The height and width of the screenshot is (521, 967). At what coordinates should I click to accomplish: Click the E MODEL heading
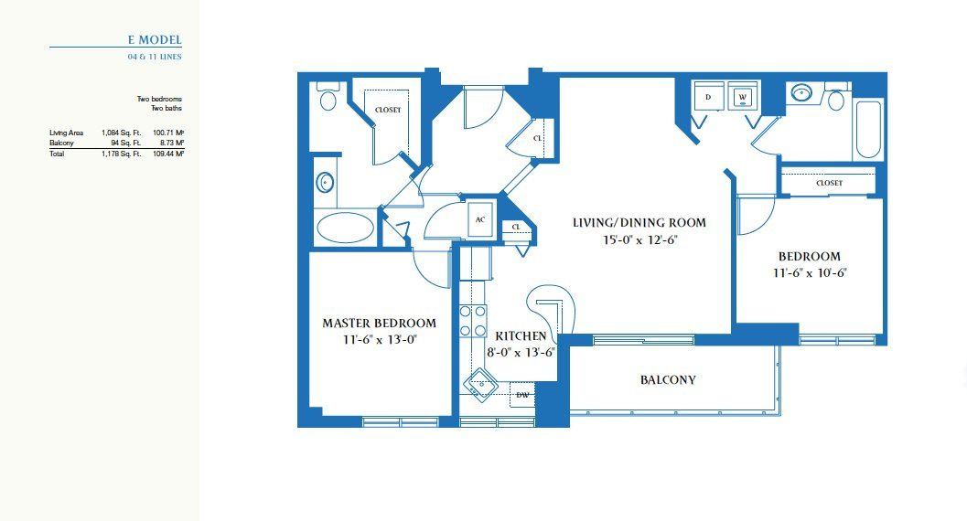point(155,40)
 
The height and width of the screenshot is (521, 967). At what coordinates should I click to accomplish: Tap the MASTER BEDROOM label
point(380,323)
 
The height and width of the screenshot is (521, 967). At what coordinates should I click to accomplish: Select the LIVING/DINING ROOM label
point(639,222)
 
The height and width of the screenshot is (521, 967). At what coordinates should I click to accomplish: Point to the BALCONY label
point(668,380)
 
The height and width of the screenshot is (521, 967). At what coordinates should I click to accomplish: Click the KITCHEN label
point(521,335)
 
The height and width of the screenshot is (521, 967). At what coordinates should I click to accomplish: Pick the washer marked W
point(743,97)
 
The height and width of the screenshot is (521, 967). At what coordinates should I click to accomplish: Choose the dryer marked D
point(708,97)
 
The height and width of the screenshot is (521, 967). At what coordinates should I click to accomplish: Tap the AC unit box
point(479,219)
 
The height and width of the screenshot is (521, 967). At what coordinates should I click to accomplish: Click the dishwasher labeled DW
point(522,395)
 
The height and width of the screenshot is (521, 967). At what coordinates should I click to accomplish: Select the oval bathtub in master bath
point(345,228)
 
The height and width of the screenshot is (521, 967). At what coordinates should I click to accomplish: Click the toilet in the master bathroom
point(328,96)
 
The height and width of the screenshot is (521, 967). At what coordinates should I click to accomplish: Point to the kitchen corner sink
point(479,385)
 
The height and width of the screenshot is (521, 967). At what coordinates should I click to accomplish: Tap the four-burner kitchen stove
point(472,322)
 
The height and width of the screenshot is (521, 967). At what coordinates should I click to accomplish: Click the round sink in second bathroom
point(801,93)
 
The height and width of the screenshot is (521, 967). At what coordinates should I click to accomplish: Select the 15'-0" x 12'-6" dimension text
point(639,239)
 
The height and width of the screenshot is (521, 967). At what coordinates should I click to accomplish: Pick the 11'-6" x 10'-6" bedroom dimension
point(810,272)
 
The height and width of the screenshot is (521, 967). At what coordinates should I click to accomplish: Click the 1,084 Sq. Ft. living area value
point(122,133)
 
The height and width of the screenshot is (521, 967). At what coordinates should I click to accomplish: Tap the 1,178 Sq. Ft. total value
point(122,154)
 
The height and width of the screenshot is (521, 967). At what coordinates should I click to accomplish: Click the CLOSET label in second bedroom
point(829,183)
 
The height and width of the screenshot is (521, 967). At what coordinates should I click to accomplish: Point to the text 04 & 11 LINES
point(155,57)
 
